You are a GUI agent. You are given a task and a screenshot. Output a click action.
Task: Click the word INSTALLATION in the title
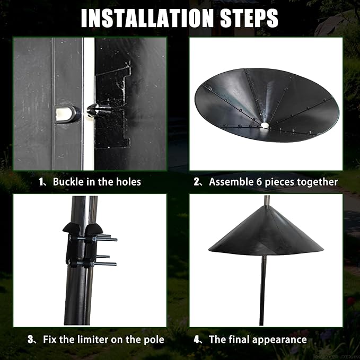click(x=147, y=19)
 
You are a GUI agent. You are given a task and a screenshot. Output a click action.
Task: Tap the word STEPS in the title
click(x=249, y=19)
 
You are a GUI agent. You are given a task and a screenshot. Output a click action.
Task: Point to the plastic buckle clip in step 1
click(x=99, y=110)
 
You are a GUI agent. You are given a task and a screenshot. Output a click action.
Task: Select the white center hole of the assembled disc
click(x=265, y=125)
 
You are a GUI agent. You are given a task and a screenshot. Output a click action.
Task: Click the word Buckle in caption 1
click(x=68, y=182)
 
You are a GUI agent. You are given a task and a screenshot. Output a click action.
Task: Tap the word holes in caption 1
click(x=128, y=182)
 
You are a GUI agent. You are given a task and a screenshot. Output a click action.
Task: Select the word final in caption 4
click(x=238, y=339)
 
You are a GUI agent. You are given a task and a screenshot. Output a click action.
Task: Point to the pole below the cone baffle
click(x=263, y=291)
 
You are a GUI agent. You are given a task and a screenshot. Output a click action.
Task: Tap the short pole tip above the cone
click(x=267, y=200)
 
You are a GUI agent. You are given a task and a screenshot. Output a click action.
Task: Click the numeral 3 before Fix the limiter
click(x=31, y=339)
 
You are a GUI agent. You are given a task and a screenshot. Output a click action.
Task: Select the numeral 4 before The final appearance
click(x=197, y=339)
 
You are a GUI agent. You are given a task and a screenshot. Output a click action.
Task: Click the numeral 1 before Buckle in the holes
click(x=41, y=182)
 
